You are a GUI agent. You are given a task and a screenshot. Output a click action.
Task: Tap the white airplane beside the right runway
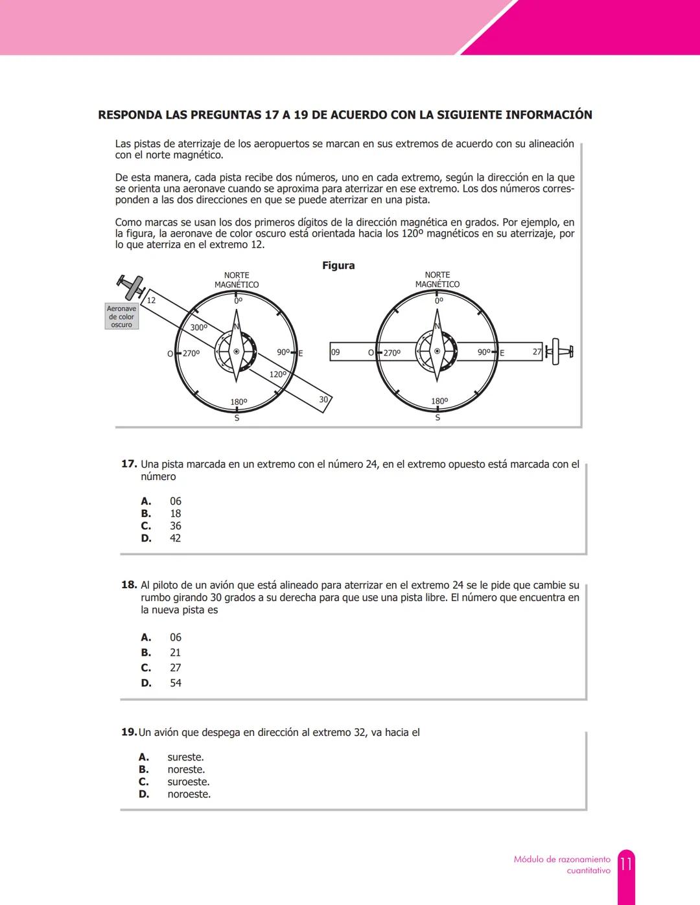[x=559, y=352]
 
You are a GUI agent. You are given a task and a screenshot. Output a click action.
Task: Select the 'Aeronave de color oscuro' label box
[x=121, y=317]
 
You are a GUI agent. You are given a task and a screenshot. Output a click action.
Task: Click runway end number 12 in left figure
[x=151, y=301]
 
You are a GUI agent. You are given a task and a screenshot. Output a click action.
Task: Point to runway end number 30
[x=324, y=400]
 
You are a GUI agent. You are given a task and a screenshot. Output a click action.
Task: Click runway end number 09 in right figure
[x=335, y=352]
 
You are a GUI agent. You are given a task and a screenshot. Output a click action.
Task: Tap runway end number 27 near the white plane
[x=537, y=352]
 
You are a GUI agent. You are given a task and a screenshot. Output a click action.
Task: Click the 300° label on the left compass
[x=199, y=328]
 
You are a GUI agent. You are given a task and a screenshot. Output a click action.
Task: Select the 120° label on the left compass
[x=277, y=374]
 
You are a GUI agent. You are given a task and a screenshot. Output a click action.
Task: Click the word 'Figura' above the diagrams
[x=338, y=266]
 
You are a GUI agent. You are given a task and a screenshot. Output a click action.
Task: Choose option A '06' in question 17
[x=175, y=501]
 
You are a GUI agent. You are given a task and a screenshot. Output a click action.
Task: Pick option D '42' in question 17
[x=175, y=538]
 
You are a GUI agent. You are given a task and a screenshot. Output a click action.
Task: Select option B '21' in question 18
[x=175, y=653]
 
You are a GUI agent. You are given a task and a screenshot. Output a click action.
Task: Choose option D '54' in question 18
[x=175, y=683]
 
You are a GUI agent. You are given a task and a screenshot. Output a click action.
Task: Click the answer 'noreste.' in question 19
[x=186, y=770]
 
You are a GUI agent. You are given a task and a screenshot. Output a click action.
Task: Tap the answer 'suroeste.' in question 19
[x=188, y=782]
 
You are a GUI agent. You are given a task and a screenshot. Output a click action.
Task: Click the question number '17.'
[x=129, y=464]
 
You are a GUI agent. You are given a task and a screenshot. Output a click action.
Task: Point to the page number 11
[x=625, y=865]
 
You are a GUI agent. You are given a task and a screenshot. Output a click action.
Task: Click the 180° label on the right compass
[x=439, y=402]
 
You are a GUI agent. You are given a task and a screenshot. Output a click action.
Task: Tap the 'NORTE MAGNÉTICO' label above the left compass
[x=237, y=280]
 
